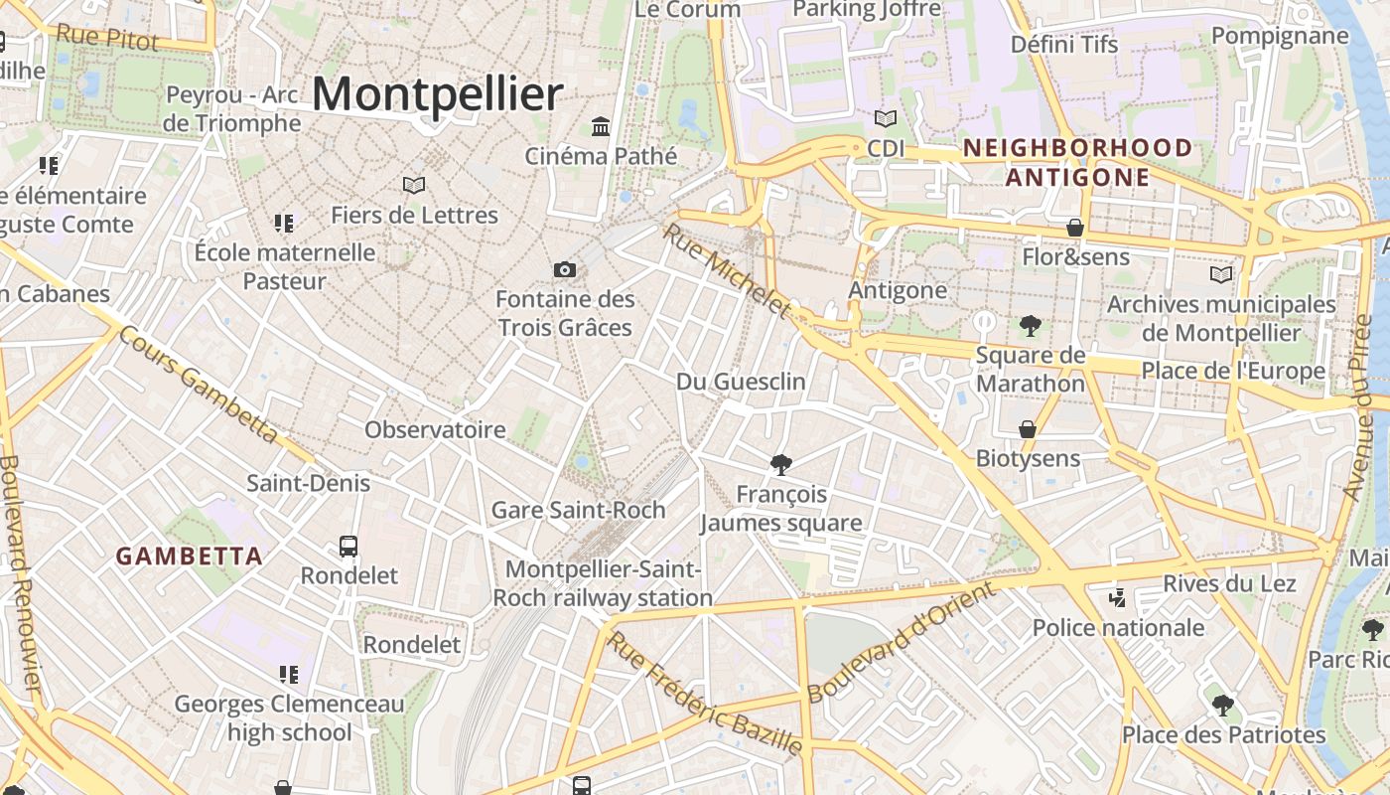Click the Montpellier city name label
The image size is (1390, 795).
(437, 94)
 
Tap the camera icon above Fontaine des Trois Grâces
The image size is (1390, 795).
(564, 269)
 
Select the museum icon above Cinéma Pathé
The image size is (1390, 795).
(601, 126)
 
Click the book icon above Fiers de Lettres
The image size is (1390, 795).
(414, 185)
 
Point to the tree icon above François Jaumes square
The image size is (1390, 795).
(781, 464)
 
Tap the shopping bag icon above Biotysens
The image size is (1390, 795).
(1028, 429)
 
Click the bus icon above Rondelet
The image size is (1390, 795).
(348, 546)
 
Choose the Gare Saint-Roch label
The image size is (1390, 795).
(578, 510)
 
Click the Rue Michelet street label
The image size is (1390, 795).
(727, 270)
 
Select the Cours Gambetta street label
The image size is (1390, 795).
(199, 383)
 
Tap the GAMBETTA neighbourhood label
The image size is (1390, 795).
(190, 556)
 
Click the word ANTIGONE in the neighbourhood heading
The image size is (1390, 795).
(1077, 178)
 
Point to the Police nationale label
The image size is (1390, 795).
(1118, 628)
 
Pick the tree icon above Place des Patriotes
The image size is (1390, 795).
(1222, 706)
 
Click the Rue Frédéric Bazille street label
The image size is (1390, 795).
(704, 693)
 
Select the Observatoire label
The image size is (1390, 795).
(435, 430)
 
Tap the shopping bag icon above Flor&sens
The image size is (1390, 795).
(1074, 228)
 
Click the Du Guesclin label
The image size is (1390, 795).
(741, 382)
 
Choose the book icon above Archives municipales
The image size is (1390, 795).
(1220, 274)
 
